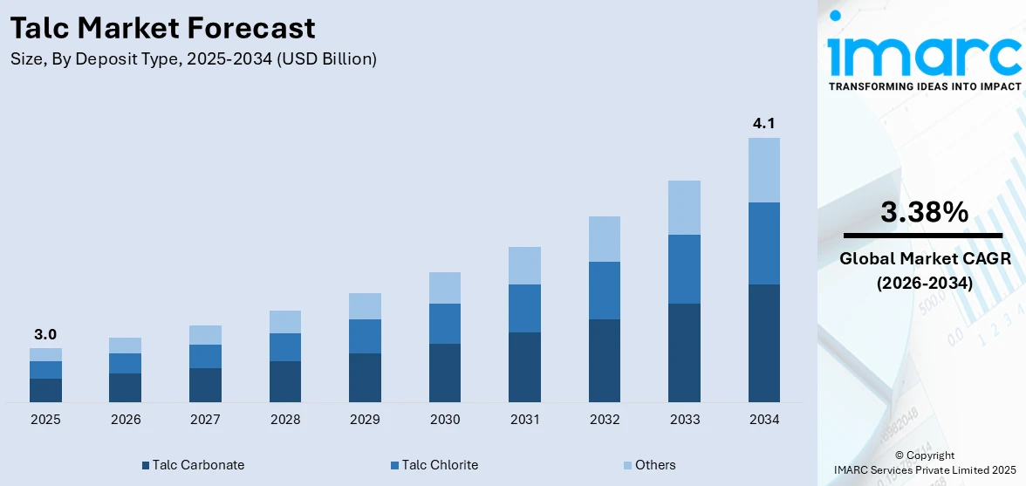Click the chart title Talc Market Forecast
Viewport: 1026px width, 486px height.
(x=162, y=28)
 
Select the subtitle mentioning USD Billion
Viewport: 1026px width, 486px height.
(x=194, y=59)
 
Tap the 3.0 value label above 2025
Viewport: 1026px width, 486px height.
(x=45, y=334)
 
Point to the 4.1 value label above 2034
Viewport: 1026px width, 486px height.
(x=763, y=124)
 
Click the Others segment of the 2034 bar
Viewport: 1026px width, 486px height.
(x=763, y=170)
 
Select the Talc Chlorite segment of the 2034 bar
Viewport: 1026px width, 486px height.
(x=763, y=243)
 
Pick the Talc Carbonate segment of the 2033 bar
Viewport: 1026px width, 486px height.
(x=684, y=353)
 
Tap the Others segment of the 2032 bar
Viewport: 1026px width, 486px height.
(x=605, y=239)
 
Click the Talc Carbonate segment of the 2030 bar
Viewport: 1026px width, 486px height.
(x=445, y=373)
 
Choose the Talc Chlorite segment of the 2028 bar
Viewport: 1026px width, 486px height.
(x=285, y=347)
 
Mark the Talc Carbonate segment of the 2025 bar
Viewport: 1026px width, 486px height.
(x=45, y=390)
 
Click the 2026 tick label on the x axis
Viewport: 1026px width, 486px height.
(x=126, y=420)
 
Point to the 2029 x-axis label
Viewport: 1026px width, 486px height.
(x=365, y=420)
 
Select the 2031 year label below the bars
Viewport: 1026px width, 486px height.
(x=524, y=420)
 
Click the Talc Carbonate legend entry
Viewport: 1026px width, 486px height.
(x=193, y=465)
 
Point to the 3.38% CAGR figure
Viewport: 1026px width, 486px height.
(x=923, y=212)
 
